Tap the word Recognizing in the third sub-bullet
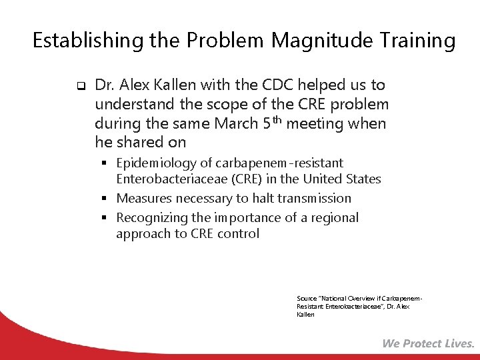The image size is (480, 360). click(x=152, y=218)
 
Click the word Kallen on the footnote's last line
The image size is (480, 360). click(x=305, y=315)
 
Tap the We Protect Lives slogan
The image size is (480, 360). click(x=428, y=344)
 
